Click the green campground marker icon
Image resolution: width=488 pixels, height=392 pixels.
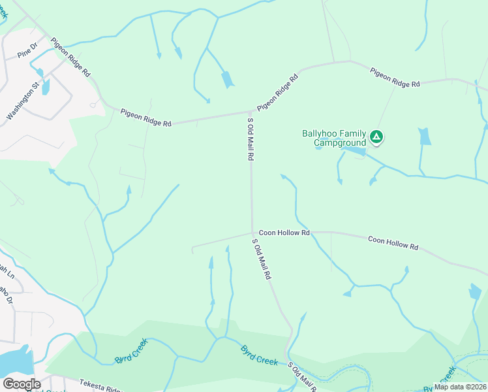[x=376, y=137]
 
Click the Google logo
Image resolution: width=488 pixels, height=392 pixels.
[x=21, y=384]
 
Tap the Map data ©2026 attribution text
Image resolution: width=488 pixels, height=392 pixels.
[x=460, y=387]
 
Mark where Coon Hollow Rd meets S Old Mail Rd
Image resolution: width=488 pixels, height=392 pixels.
[x=252, y=232]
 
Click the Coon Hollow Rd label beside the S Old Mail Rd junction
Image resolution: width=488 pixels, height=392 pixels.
[x=284, y=232]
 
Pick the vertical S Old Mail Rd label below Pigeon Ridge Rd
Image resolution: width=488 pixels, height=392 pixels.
[x=249, y=139]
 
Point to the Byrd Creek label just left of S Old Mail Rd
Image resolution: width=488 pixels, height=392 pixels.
[x=260, y=355]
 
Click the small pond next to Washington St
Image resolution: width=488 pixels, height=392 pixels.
[x=45, y=88]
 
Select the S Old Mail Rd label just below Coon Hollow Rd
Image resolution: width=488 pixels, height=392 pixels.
[x=262, y=259]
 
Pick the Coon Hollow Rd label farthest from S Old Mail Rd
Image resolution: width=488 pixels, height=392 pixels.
[x=393, y=243]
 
